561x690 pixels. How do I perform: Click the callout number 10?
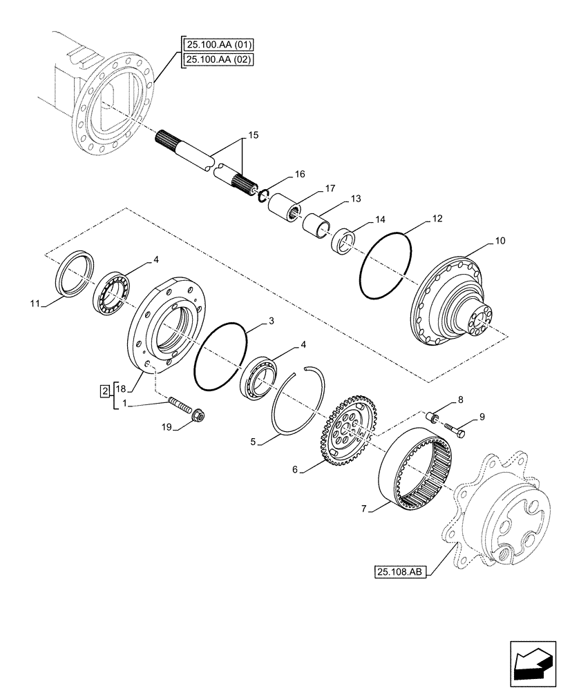tap(500, 241)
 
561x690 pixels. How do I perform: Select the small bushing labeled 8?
tap(432, 417)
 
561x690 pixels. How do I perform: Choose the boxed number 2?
tap(105, 392)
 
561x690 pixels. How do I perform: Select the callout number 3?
tap(271, 322)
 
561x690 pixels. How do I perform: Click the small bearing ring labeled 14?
tap(343, 242)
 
